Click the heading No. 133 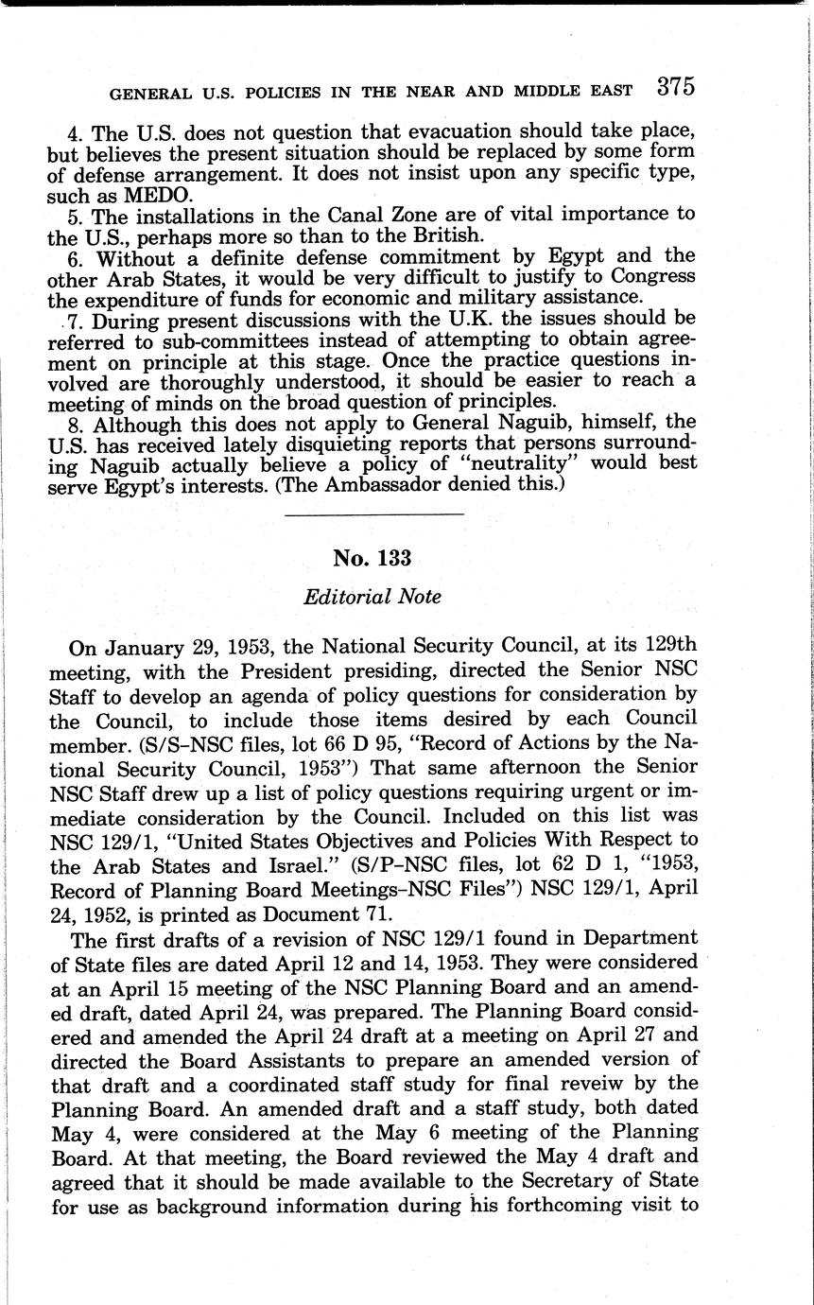(373, 558)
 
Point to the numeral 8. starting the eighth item (78, 421)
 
